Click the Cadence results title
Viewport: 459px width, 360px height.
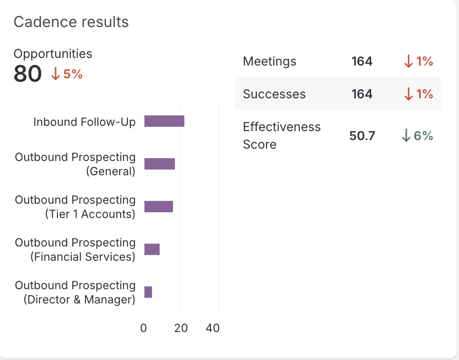tap(71, 22)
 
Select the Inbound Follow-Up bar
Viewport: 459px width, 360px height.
tap(164, 121)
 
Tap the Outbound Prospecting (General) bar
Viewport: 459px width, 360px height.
tap(159, 164)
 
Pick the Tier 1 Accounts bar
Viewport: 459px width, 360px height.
tap(158, 207)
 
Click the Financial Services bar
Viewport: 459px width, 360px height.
tap(152, 249)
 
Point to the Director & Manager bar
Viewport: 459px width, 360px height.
tap(148, 292)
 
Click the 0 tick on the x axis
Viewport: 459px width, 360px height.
tap(144, 328)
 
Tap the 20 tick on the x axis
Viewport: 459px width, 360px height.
tap(181, 328)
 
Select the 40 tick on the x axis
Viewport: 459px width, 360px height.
tap(213, 328)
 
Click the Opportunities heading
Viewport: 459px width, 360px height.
tap(53, 54)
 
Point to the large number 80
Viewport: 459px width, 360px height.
tap(28, 74)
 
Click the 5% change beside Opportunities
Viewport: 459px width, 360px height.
tap(67, 74)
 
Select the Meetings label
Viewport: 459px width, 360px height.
tap(269, 61)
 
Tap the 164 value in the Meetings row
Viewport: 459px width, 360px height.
tap(362, 61)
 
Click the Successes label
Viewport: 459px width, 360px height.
tap(274, 94)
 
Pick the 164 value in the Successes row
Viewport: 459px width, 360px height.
tap(362, 94)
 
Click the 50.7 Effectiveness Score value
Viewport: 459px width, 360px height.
tap(362, 136)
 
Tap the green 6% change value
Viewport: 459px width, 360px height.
tap(418, 136)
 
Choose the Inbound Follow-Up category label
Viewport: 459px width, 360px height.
tap(84, 122)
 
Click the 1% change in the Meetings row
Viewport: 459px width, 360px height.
tap(418, 61)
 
